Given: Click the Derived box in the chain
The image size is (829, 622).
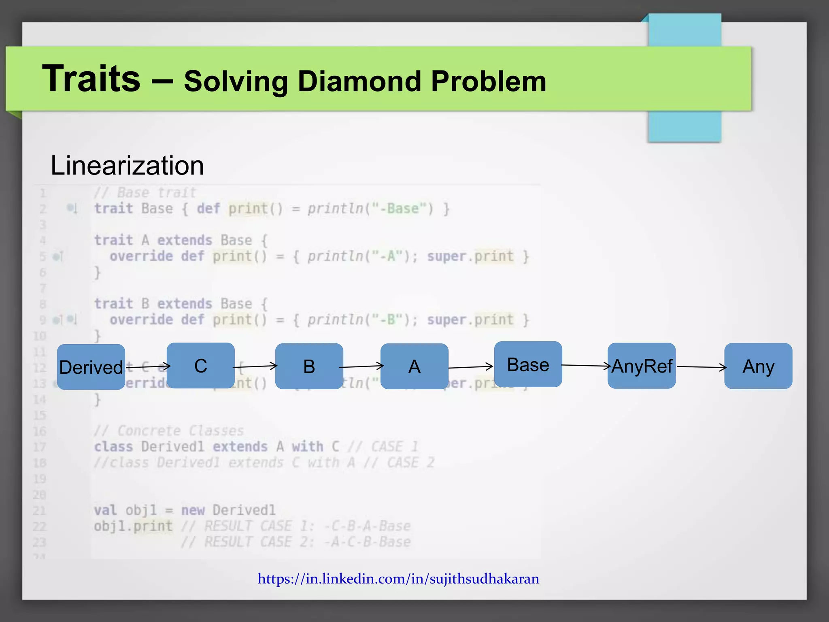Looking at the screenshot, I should click(91, 367).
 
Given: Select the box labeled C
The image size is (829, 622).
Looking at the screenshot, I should click(200, 366).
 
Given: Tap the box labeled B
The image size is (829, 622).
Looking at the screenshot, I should click(309, 366).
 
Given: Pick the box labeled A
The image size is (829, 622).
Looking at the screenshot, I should click(414, 366).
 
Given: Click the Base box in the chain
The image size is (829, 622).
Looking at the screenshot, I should click(528, 364).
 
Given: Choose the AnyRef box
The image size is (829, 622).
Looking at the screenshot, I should click(641, 366).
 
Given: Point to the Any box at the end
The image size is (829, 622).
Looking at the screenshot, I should click(758, 366).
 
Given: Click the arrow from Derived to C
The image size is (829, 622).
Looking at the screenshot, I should click(148, 367).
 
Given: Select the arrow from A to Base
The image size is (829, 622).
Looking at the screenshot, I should click(470, 367).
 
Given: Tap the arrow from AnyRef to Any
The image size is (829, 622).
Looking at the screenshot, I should click(701, 367).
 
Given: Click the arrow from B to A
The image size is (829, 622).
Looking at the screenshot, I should click(361, 366).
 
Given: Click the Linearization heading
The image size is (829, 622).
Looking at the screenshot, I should click(127, 166).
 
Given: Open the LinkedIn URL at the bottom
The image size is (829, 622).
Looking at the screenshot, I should click(398, 579).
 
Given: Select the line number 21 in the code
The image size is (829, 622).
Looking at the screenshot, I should click(40, 511).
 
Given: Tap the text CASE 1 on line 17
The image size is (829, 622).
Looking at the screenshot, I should click(394, 447).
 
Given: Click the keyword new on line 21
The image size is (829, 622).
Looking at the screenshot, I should click(192, 510).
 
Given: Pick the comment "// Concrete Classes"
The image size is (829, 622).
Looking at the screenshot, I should click(169, 431).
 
